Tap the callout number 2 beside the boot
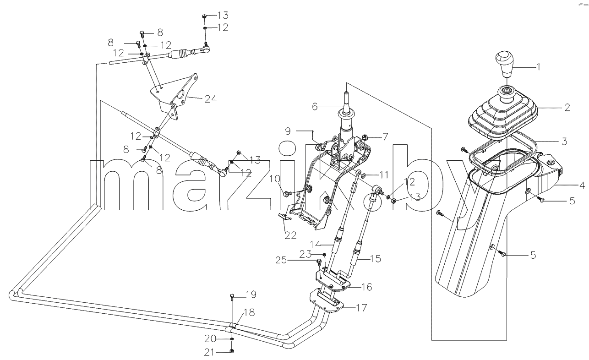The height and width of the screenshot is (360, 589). (567, 108)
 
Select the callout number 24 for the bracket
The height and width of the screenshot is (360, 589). (211, 99)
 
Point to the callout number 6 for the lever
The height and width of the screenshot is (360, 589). (315, 107)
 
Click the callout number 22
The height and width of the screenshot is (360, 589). (290, 235)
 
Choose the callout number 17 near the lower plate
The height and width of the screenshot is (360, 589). (361, 308)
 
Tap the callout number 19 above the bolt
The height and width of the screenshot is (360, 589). (251, 295)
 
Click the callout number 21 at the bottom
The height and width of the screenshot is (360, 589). (210, 353)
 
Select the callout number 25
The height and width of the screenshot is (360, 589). (281, 260)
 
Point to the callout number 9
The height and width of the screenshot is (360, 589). (288, 131)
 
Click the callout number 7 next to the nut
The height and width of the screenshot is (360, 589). (385, 137)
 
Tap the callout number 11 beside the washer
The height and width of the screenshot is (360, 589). (383, 175)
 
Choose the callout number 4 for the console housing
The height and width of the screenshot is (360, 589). (582, 185)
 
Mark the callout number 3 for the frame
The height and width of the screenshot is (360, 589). (564, 142)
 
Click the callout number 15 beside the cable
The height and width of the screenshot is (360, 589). (376, 259)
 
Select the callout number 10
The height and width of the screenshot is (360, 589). (275, 179)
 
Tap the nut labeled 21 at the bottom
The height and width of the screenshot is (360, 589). (232, 351)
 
